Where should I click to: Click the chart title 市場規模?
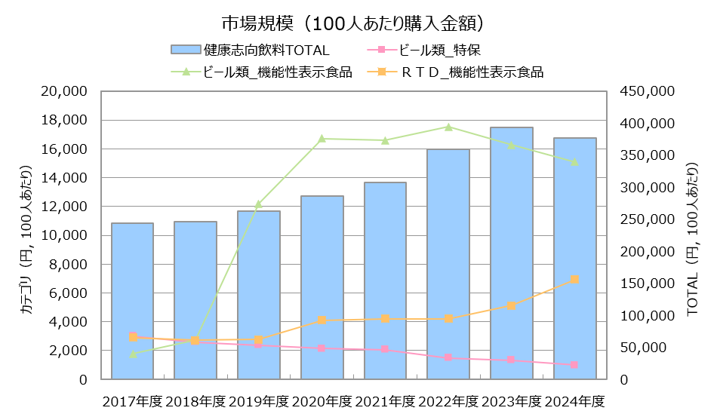pos(352,23)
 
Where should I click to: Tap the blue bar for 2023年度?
pos(511,253)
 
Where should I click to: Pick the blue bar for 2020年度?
pos(322,287)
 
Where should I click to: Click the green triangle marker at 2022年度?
pos(448,127)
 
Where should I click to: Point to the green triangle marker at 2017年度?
pos(133,353)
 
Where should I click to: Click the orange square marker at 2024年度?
pos(574,280)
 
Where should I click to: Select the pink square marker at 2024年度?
pos(574,365)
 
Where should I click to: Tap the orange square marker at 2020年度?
pos(322,320)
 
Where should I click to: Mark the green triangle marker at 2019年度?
pos(259,204)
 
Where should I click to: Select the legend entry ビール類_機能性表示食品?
pos(275,73)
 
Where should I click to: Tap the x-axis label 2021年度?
pos(385,401)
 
